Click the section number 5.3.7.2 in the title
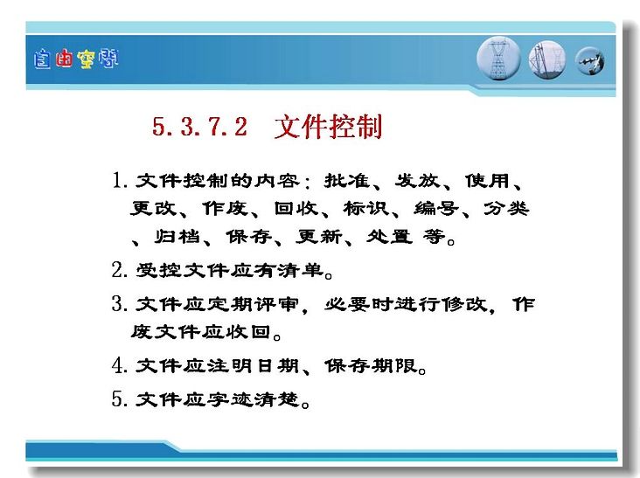[199, 126]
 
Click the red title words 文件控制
[329, 127]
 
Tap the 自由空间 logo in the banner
[76, 59]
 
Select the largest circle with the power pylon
[498, 59]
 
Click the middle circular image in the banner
[547, 60]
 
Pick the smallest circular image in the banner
[590, 61]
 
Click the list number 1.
[120, 180]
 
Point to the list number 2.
[120, 270]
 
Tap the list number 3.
[120, 304]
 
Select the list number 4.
[120, 365]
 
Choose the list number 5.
[120, 398]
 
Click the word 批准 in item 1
[347, 181]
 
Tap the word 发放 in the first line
[417, 181]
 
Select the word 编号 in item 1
[436, 208]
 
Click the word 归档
[177, 236]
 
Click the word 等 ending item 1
[434, 236]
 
